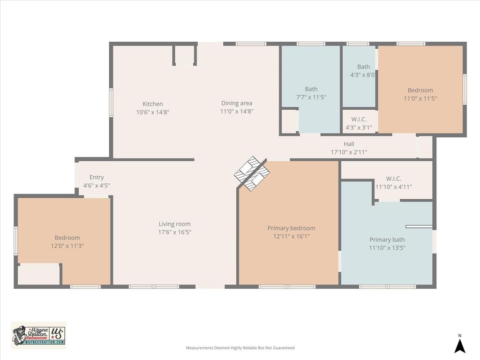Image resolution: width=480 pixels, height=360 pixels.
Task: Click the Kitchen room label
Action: [153, 104]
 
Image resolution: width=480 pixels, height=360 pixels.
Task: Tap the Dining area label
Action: [237, 103]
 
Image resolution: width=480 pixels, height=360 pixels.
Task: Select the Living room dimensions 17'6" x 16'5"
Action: [174, 232]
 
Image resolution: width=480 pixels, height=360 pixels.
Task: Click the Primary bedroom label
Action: [291, 228]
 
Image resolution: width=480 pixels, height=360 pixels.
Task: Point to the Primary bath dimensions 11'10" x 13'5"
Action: [387, 247]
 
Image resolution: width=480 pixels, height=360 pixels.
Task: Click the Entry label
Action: [97, 177]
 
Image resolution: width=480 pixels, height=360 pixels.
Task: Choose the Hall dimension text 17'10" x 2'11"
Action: [349, 152]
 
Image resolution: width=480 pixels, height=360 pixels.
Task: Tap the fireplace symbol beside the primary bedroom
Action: [252, 173]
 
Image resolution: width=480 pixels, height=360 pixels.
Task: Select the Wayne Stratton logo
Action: [38, 335]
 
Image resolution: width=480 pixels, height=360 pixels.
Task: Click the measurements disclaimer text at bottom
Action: [240, 348]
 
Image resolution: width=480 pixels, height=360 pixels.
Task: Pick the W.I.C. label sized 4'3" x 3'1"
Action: [359, 120]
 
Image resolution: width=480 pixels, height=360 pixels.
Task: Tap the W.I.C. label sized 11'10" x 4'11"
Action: [393, 179]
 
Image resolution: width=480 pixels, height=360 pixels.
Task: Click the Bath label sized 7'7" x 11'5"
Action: [311, 89]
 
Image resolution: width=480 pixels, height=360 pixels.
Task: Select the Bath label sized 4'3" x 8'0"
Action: [363, 67]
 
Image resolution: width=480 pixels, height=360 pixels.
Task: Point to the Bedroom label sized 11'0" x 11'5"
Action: [420, 90]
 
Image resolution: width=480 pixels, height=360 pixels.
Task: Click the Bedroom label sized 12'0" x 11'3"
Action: [67, 238]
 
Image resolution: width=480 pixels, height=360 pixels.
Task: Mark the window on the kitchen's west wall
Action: [111, 102]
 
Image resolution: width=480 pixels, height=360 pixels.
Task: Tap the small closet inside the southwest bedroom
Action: [39, 274]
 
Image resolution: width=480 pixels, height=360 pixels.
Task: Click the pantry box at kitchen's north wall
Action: [184, 55]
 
